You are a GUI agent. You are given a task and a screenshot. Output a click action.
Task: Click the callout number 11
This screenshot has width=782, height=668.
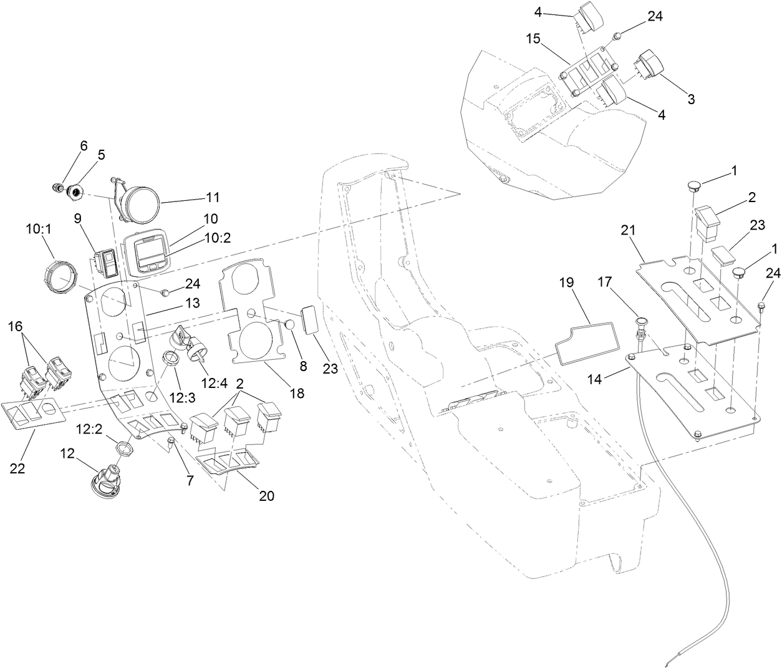click(x=212, y=197)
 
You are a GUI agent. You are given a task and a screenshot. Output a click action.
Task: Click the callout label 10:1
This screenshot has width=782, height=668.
click(x=39, y=229)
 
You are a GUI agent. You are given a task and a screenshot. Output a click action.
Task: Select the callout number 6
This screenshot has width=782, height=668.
click(x=84, y=146)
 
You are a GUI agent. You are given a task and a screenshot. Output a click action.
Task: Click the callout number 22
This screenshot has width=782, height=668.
click(x=17, y=468)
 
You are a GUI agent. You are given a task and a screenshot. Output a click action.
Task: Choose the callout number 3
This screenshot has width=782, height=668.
click(x=690, y=99)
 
